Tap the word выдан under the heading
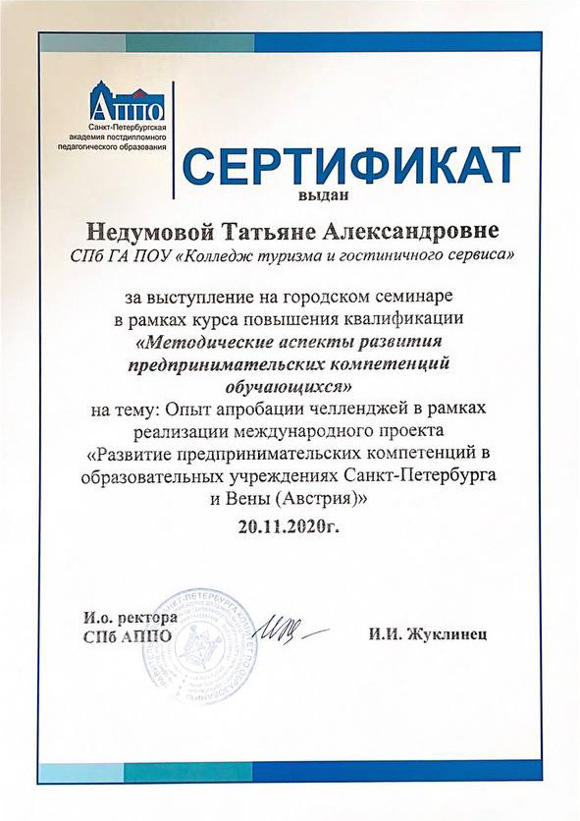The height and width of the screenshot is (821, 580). [498, 196]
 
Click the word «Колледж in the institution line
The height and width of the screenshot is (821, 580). [215, 255]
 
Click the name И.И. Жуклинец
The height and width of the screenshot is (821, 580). [428, 633]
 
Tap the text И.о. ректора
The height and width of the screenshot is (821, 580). [130, 618]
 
